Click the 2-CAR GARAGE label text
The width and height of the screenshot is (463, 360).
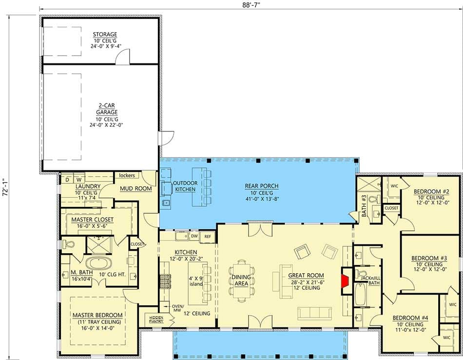[106, 108]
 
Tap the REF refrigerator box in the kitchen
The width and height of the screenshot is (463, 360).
[208, 236]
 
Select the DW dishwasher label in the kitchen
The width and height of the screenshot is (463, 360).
[194, 236]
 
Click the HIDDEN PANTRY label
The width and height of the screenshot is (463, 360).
[156, 319]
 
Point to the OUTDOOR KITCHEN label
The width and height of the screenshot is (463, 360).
[185, 186]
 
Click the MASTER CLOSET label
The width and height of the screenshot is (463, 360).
[92, 220]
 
